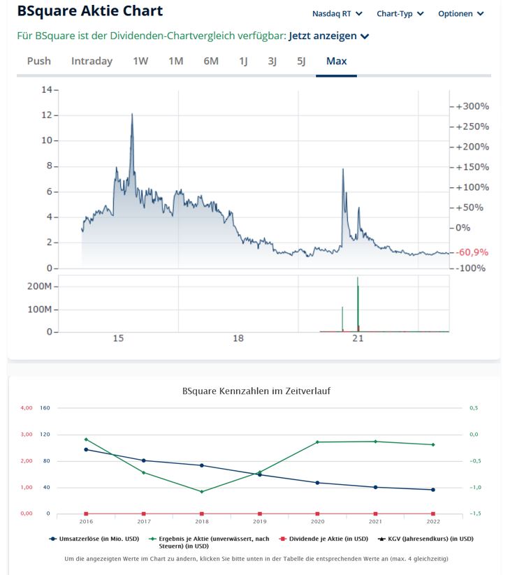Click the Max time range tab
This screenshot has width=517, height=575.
[x=336, y=61]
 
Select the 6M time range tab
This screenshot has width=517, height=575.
[x=211, y=61]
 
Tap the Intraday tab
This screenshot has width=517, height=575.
[x=92, y=61]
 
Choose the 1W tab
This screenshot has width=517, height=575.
[x=140, y=61]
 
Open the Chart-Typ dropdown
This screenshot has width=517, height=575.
[x=400, y=14]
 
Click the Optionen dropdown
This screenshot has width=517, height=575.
[x=460, y=14]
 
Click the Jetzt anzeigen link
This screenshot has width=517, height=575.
[x=328, y=36]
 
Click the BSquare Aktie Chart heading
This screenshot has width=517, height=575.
[x=89, y=11]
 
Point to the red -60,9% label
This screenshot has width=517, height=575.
[x=472, y=252]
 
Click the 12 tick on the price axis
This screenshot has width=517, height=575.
[x=48, y=115]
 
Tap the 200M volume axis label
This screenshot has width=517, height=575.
[x=39, y=286]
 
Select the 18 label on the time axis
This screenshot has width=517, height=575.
[x=238, y=339]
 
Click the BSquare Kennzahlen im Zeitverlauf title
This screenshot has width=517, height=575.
[x=256, y=391]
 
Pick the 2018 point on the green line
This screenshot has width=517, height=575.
[x=202, y=491]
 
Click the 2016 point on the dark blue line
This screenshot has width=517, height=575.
[x=86, y=449]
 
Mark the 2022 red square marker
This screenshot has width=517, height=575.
[x=433, y=514]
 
